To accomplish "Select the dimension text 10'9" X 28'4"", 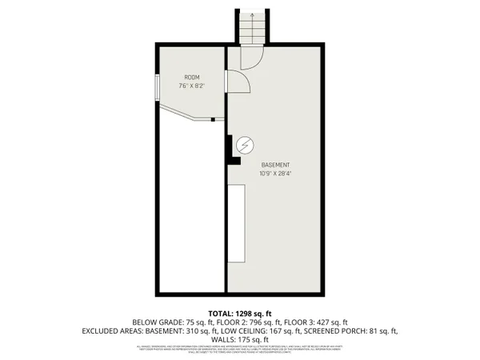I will [274, 173].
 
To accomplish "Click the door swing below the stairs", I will [250, 58].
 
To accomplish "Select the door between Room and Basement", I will [236, 82].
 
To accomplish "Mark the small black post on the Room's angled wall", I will [213, 120].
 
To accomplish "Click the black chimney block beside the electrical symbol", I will [230, 148].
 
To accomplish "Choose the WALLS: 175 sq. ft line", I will [240, 339].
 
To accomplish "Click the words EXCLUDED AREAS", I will [114, 330].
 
